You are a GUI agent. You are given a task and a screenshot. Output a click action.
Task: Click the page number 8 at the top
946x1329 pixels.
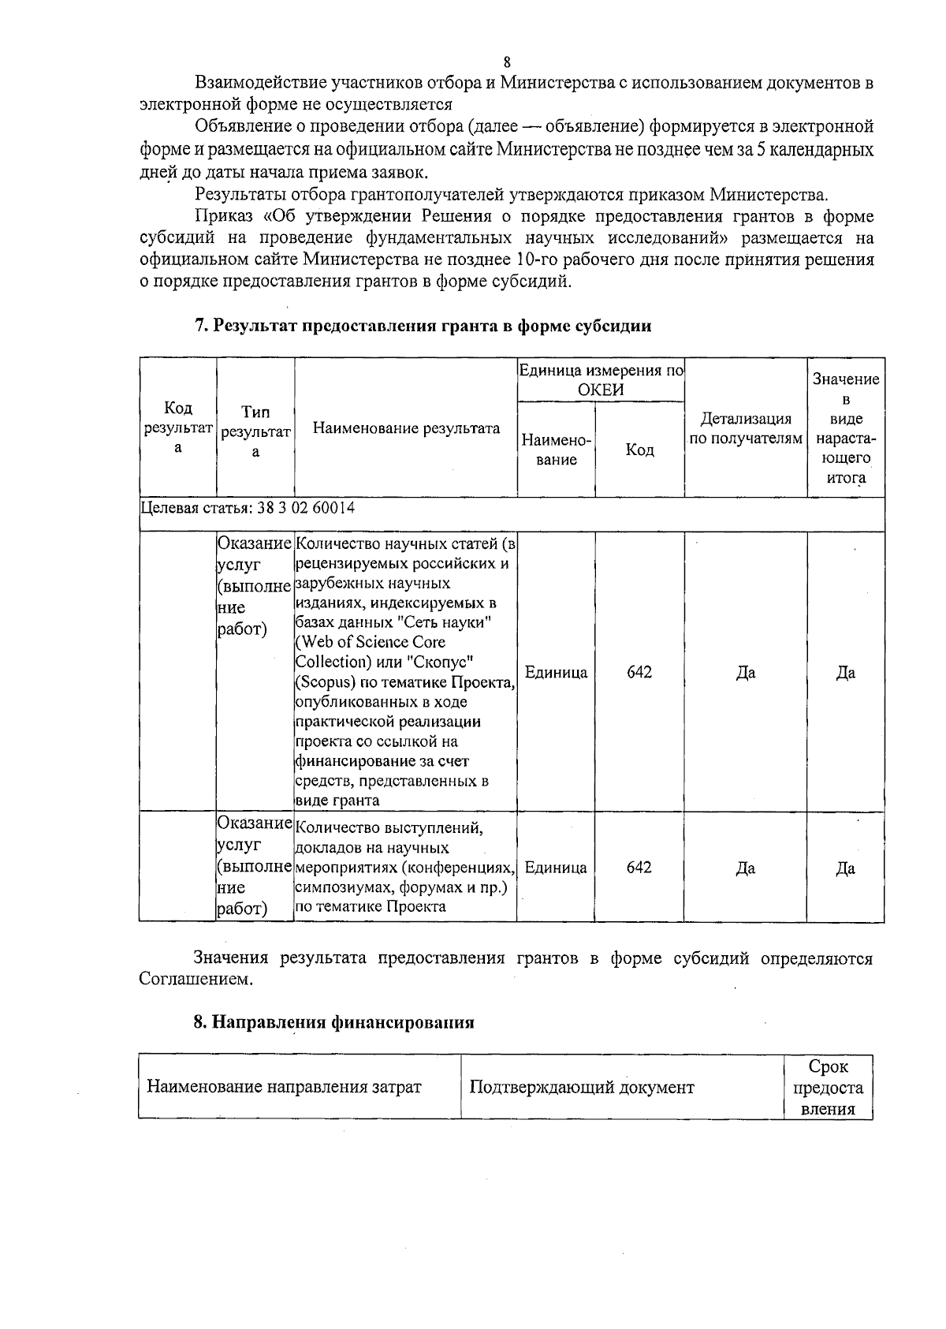click(506, 62)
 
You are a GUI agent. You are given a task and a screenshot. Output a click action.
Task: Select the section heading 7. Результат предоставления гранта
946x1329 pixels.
click(423, 326)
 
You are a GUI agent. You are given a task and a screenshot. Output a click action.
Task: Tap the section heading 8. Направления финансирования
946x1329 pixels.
click(334, 1022)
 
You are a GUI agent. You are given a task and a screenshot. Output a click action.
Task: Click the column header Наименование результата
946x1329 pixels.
click(406, 428)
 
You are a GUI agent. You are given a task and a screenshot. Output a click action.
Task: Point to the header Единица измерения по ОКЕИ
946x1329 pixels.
click(601, 379)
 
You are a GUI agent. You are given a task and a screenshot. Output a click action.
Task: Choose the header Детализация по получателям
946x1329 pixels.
click(746, 428)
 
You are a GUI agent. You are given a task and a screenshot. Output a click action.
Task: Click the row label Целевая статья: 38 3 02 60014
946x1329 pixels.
click(248, 507)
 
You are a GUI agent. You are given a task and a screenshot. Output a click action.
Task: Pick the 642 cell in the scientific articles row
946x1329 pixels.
click(639, 672)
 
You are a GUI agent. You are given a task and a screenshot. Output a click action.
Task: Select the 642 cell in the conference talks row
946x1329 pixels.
click(639, 867)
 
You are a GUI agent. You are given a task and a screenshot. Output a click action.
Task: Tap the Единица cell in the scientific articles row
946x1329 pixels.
click(556, 673)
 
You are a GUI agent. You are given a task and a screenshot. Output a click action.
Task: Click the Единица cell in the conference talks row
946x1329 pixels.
click(556, 868)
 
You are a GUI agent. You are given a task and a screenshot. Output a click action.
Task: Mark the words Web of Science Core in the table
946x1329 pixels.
click(371, 642)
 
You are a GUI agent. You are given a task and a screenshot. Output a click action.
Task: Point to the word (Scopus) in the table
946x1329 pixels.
click(324, 681)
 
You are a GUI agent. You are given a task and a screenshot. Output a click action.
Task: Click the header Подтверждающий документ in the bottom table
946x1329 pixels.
click(582, 1088)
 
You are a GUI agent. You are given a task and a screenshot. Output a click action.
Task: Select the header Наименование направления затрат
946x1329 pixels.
click(284, 1088)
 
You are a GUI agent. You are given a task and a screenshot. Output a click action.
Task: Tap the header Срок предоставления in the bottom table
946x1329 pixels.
click(828, 1088)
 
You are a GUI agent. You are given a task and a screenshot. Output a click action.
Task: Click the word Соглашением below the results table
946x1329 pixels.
click(196, 980)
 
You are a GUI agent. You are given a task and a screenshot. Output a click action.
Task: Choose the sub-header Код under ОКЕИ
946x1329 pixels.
click(639, 450)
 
